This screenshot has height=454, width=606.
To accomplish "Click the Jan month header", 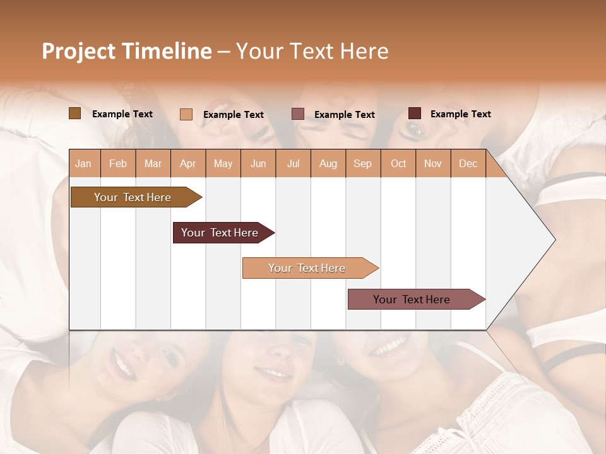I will click(84, 163).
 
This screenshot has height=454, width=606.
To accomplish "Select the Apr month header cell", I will click(188, 163).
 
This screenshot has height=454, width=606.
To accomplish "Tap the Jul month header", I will click(293, 163).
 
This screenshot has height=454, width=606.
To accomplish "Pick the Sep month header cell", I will click(363, 163).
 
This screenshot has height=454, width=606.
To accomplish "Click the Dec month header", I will click(468, 163).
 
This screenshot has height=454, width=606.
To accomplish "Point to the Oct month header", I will click(398, 163).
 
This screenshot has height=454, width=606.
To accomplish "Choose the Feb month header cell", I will click(118, 163).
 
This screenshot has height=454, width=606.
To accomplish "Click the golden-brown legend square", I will click(75, 113).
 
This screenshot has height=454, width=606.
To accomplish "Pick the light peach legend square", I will click(186, 114).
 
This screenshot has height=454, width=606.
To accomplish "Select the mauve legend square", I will click(298, 114).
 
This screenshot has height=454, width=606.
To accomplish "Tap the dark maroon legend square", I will click(415, 113).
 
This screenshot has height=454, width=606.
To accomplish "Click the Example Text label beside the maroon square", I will click(460, 114).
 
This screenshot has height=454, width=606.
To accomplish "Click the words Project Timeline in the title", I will click(127, 51).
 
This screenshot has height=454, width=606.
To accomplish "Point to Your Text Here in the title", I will click(312, 51).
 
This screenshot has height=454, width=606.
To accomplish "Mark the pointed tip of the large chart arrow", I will click(554, 240).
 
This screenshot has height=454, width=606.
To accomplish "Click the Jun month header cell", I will click(258, 163).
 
